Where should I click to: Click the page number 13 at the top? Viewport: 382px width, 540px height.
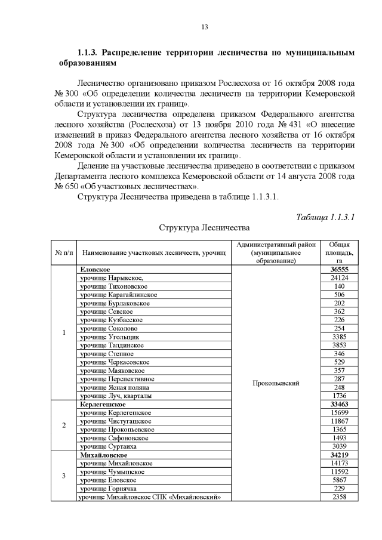204,27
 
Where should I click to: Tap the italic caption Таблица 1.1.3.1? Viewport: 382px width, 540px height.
325,217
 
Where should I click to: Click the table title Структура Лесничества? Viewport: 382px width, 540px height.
203,227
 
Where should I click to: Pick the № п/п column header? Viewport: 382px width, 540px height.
63,253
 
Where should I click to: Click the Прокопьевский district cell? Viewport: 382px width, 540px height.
276,383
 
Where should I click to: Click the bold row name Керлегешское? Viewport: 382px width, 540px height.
103,404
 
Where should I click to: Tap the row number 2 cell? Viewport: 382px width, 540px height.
63,425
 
